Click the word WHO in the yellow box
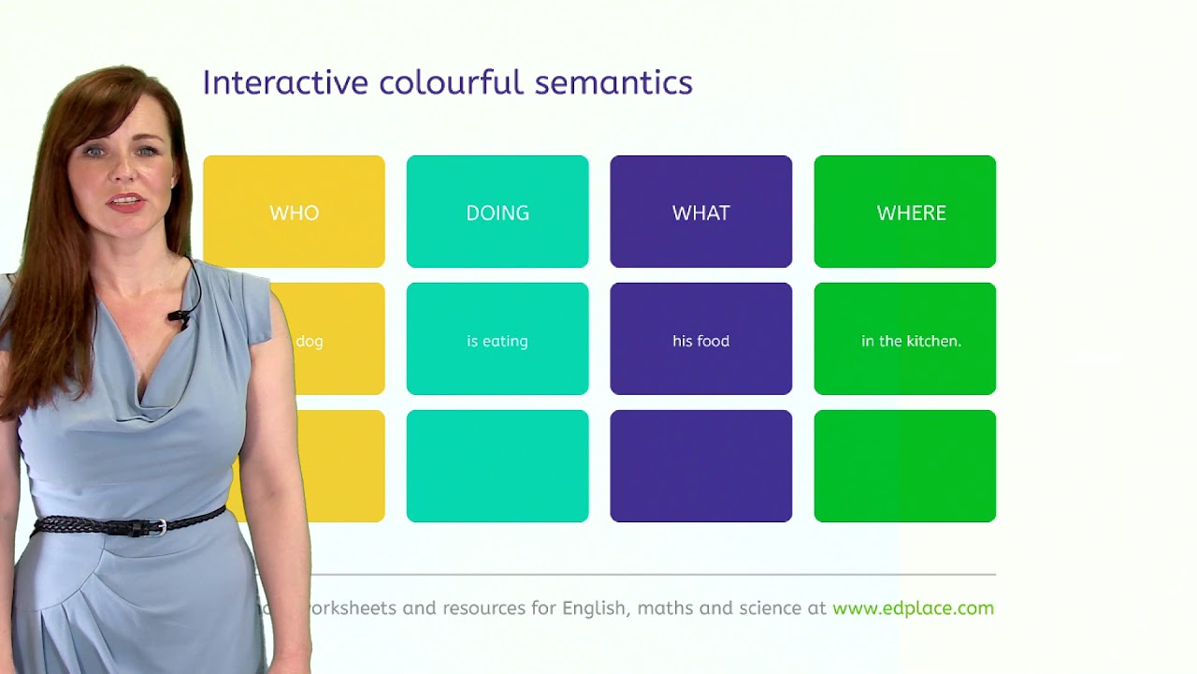point(294,212)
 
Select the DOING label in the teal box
point(498,212)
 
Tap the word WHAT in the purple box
point(700,212)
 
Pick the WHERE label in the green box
point(911,212)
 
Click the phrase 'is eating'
point(498,341)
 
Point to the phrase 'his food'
point(700,341)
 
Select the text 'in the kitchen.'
point(911,341)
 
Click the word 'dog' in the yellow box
point(310,341)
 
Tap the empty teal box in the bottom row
point(498,466)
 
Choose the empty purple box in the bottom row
point(700,466)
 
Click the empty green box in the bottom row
point(904,466)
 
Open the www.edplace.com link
point(913,608)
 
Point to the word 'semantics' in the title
point(613,82)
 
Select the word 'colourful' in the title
point(452,82)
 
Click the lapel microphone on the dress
point(178,318)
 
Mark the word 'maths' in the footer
point(666,608)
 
